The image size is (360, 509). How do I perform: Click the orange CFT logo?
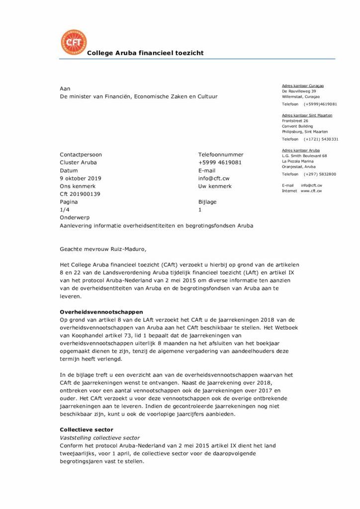click(73, 42)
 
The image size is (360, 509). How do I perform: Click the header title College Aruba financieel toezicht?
click(145, 53)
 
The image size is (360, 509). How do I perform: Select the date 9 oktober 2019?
click(81, 178)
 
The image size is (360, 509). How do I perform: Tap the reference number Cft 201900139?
click(80, 194)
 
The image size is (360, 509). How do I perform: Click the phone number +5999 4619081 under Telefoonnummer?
click(220, 163)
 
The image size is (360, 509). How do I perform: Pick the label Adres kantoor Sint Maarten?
click(307, 115)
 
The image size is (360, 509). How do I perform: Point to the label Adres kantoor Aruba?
click(301, 150)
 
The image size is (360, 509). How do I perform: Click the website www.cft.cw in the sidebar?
click(311, 191)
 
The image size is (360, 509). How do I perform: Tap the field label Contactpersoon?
click(81, 155)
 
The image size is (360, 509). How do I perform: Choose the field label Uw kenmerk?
click(215, 186)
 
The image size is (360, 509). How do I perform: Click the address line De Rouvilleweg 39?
click(299, 91)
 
